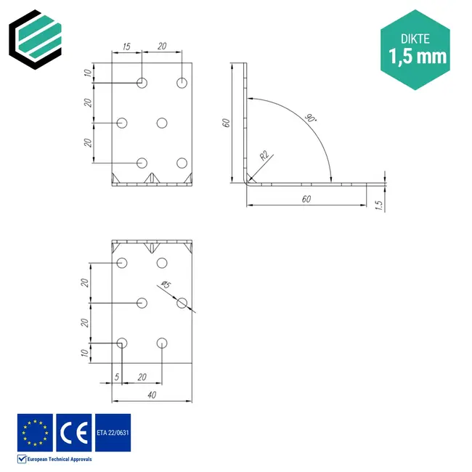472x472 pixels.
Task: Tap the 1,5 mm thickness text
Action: click(x=418, y=55)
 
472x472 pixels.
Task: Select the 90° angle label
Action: click(x=310, y=118)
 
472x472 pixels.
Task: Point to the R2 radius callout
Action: click(x=264, y=155)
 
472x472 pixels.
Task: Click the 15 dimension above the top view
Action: click(x=126, y=46)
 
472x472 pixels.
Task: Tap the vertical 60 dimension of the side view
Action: click(x=227, y=122)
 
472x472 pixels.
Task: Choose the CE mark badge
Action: click(x=74, y=433)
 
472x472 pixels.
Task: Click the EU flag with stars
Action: click(x=36, y=433)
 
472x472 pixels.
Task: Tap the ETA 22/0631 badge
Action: click(x=113, y=433)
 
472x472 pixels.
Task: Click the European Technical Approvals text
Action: click(x=60, y=460)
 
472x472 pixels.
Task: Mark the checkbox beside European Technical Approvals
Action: click(x=22, y=460)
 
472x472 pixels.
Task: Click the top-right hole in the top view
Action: click(x=182, y=83)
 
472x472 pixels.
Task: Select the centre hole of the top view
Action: click(x=162, y=123)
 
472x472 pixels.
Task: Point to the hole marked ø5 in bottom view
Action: click(x=182, y=303)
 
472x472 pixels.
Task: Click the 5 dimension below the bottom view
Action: click(x=116, y=377)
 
